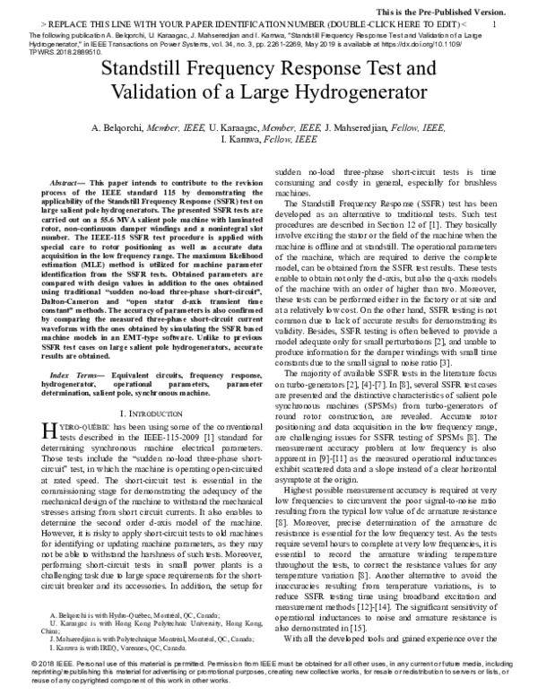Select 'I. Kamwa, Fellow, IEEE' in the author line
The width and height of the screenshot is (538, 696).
point(270,141)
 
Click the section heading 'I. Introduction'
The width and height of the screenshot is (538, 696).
point(144,415)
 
